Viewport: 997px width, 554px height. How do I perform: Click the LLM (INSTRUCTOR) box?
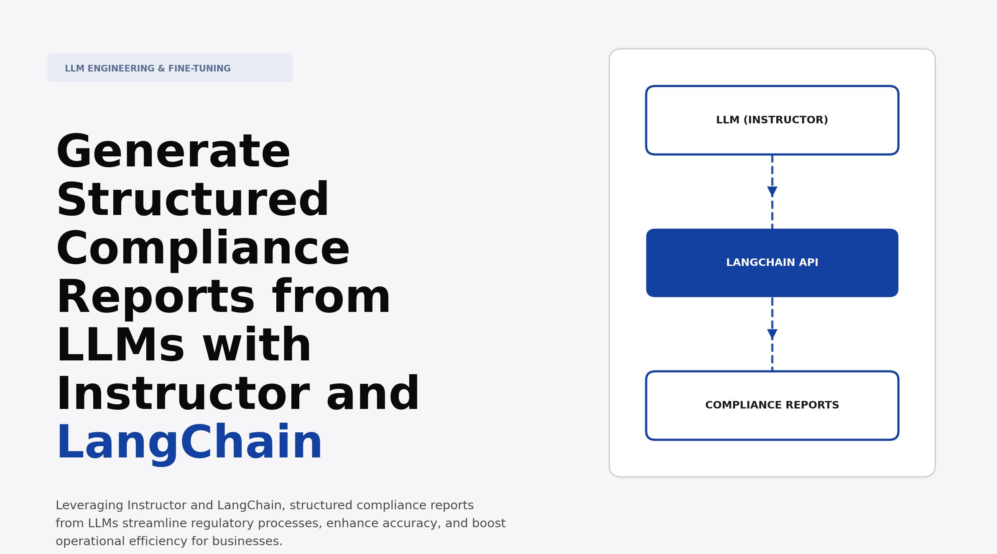click(x=772, y=120)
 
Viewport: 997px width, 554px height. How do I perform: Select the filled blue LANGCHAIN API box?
click(x=772, y=263)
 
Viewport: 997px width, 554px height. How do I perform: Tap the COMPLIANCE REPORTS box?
click(x=772, y=406)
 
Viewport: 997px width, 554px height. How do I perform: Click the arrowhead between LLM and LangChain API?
click(x=772, y=191)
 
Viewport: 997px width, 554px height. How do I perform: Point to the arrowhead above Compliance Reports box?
click(x=772, y=334)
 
